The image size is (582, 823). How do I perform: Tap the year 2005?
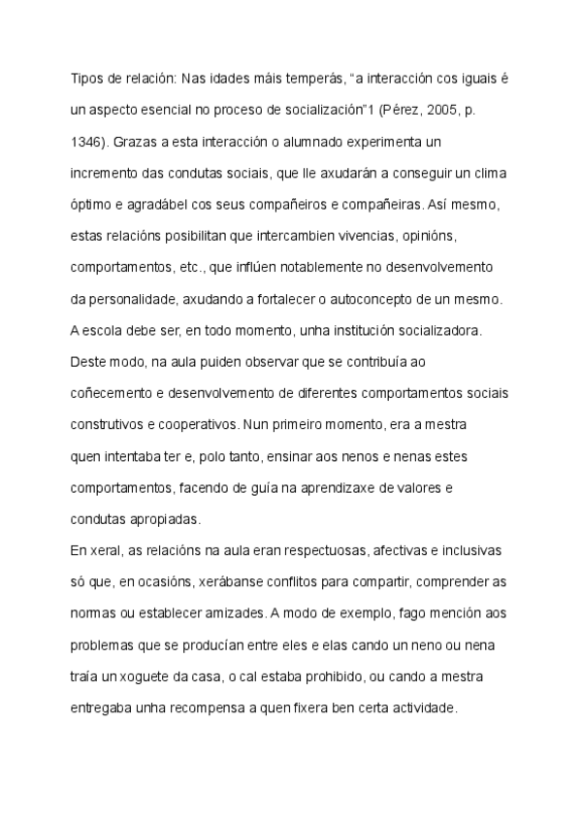[x=443, y=111]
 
